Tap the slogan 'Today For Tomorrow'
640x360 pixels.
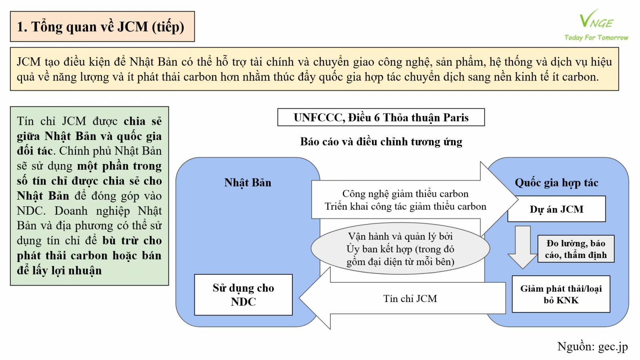(596, 38)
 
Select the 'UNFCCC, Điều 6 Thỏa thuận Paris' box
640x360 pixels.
(381, 117)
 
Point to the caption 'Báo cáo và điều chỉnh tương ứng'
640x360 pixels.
(381, 142)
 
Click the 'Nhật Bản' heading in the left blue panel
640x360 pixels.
(248, 183)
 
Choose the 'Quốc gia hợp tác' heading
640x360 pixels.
(556, 183)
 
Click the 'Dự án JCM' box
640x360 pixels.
(556, 209)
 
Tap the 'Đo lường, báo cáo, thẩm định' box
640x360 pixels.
(576, 249)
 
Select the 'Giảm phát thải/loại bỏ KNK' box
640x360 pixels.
(561, 294)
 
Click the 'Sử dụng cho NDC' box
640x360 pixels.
(243, 295)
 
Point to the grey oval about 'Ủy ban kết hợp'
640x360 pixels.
(400, 249)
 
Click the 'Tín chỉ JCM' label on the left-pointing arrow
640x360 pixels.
(410, 299)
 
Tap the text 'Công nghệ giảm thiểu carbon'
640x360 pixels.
(405, 194)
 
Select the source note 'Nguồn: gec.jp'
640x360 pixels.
(592, 346)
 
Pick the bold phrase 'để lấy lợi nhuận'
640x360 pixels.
(59, 271)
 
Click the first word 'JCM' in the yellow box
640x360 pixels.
(28, 62)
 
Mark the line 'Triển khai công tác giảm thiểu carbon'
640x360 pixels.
(405, 206)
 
